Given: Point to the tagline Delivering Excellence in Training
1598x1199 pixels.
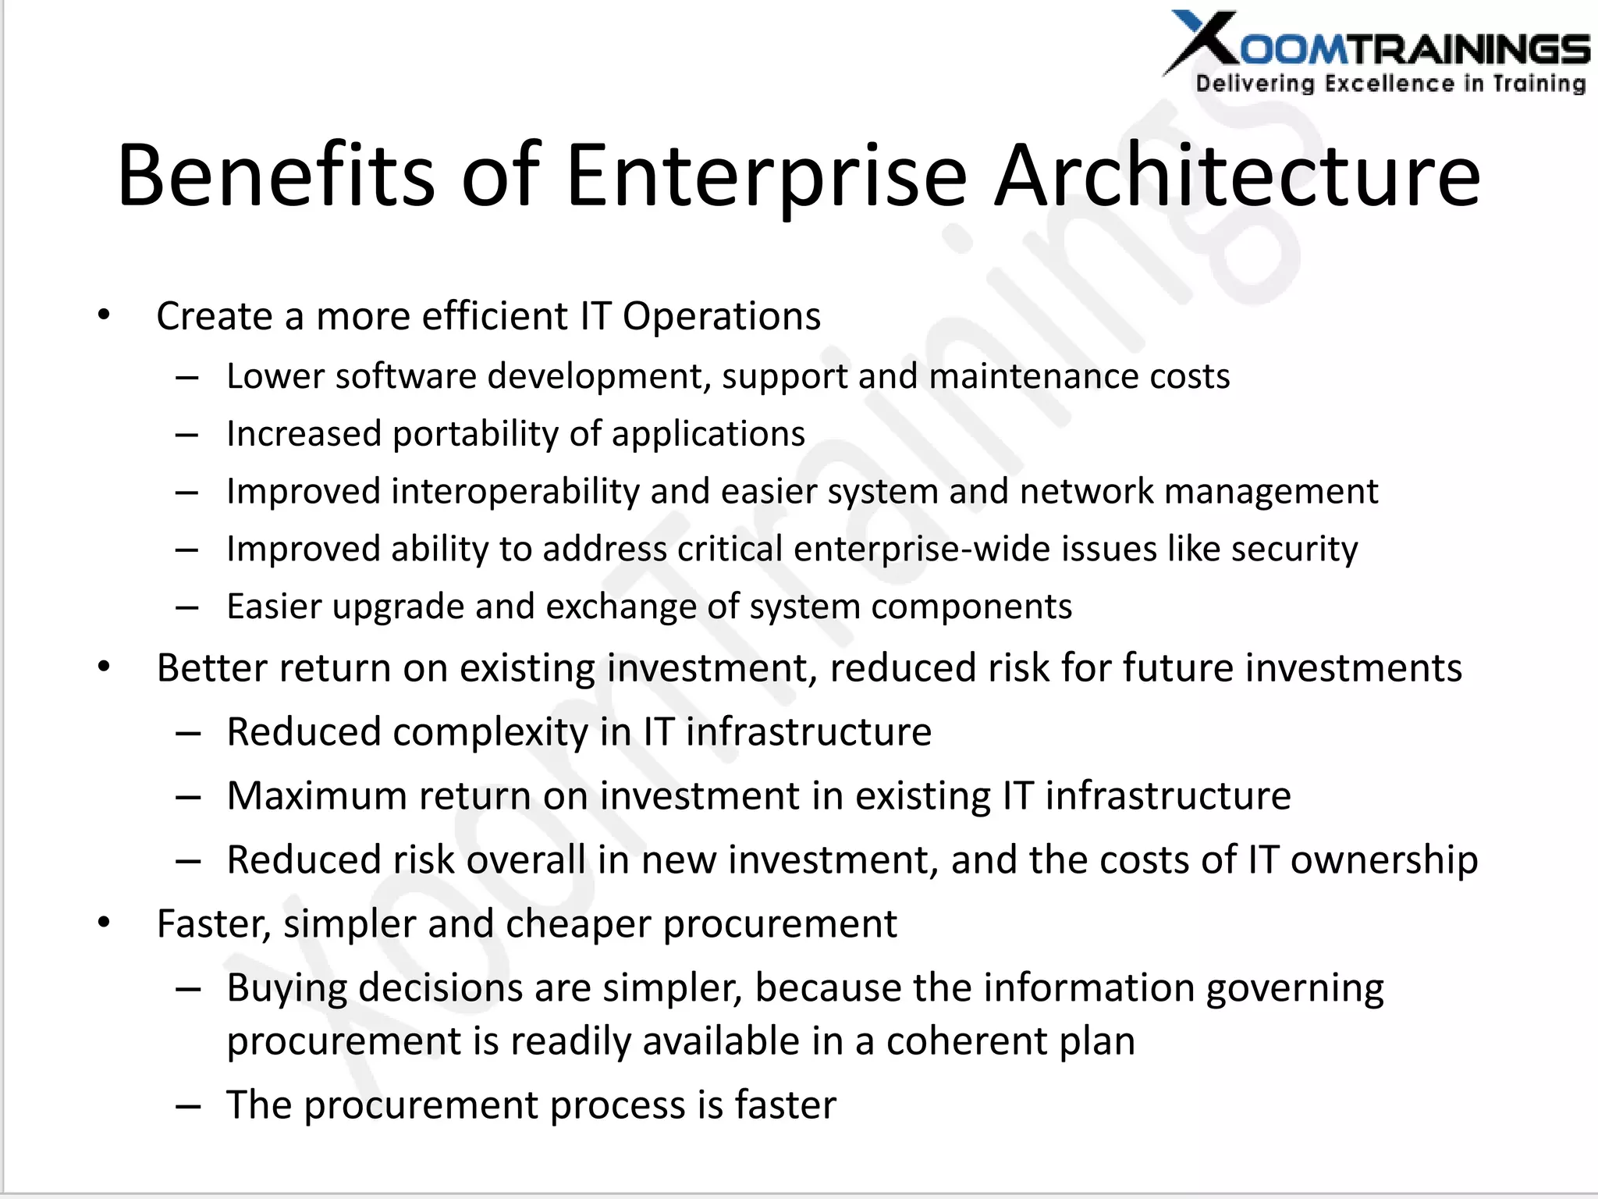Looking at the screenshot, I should click(x=1390, y=84).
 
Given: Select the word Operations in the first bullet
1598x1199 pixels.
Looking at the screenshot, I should click(x=721, y=317).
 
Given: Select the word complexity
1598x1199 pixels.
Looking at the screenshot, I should click(x=490, y=732).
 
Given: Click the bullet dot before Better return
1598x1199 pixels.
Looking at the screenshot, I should click(x=104, y=668).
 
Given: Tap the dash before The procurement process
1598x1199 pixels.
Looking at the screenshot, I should click(x=188, y=1105).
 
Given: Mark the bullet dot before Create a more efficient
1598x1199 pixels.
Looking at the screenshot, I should click(x=104, y=316).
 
